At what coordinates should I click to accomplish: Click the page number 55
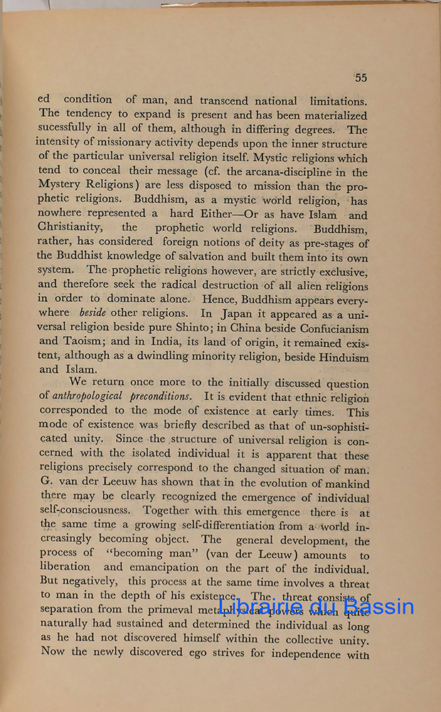coord(361,78)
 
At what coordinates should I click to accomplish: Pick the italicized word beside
coord(94,313)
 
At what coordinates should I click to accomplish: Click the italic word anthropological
coord(87,397)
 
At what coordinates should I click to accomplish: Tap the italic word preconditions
coord(159,397)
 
